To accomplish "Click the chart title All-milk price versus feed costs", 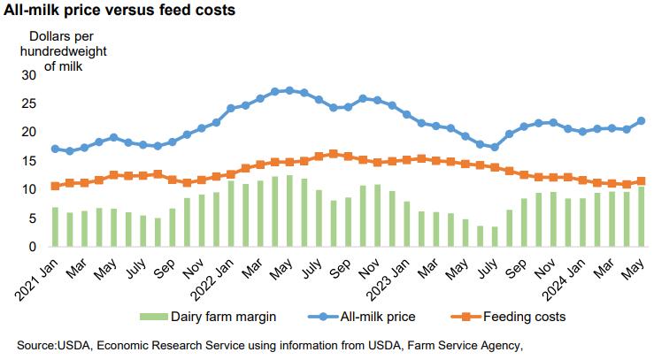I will (x=119, y=11).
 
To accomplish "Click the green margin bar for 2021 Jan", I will (x=55, y=226).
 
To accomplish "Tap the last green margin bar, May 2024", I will (x=641, y=217).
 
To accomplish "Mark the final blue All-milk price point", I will (x=641, y=121).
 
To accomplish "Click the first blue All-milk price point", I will (x=55, y=149).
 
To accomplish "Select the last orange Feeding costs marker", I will (x=641, y=180).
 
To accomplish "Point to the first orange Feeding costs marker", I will (x=55, y=186).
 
